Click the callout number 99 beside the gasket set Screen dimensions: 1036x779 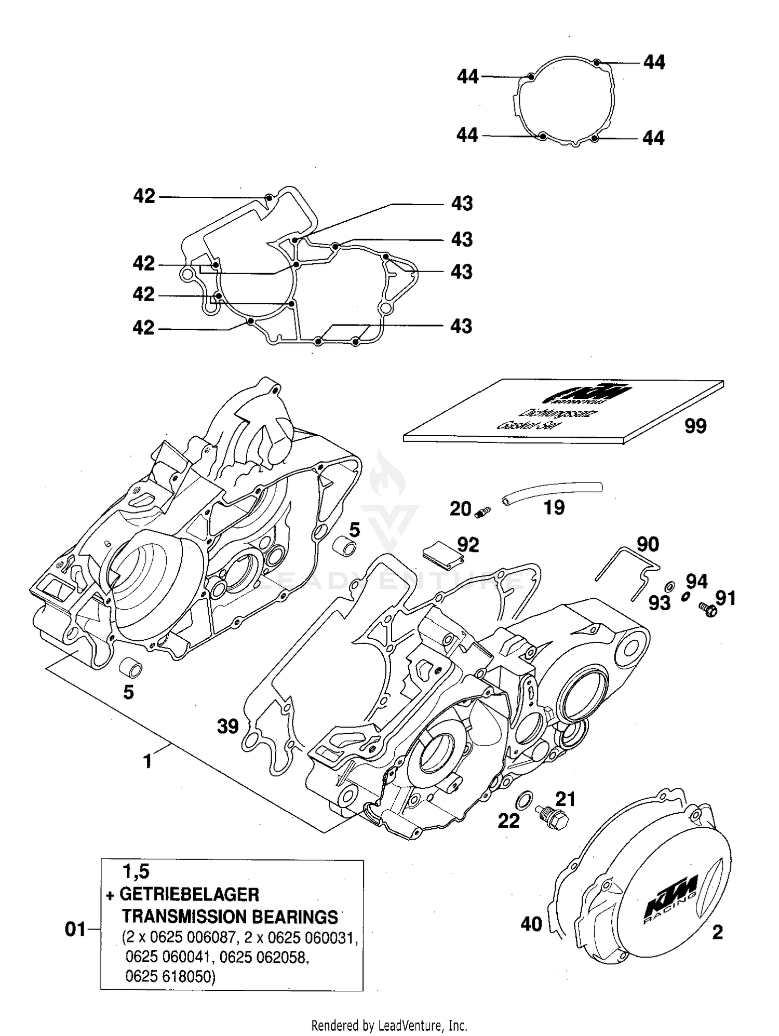tap(695, 426)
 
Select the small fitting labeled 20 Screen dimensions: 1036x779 tap(483, 512)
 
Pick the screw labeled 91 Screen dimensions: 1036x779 tap(708, 609)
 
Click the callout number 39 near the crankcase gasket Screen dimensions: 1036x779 tap(227, 726)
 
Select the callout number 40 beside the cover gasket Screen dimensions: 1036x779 tap(531, 924)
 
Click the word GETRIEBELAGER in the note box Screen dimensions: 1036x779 tap(189, 894)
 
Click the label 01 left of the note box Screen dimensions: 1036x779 tap(75, 929)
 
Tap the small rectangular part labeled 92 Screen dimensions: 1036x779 tap(442, 552)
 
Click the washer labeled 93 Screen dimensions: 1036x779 tap(670, 587)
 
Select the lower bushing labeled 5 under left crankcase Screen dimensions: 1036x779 tap(130, 668)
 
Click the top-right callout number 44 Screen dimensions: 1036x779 tap(654, 62)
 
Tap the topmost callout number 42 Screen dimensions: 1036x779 tap(144, 196)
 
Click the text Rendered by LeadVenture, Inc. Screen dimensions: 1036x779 tap(389, 1026)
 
